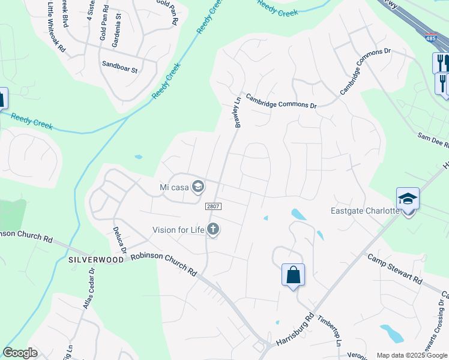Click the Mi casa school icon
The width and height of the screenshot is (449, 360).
197,187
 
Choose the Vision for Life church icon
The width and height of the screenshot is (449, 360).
213,228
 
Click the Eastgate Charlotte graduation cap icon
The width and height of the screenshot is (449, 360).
408,199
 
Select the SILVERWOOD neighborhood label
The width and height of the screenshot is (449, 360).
96,260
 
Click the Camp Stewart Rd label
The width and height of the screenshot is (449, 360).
394,269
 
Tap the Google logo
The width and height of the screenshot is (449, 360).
20,353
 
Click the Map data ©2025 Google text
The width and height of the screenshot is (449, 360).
412,355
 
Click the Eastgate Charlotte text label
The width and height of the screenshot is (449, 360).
366,211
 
